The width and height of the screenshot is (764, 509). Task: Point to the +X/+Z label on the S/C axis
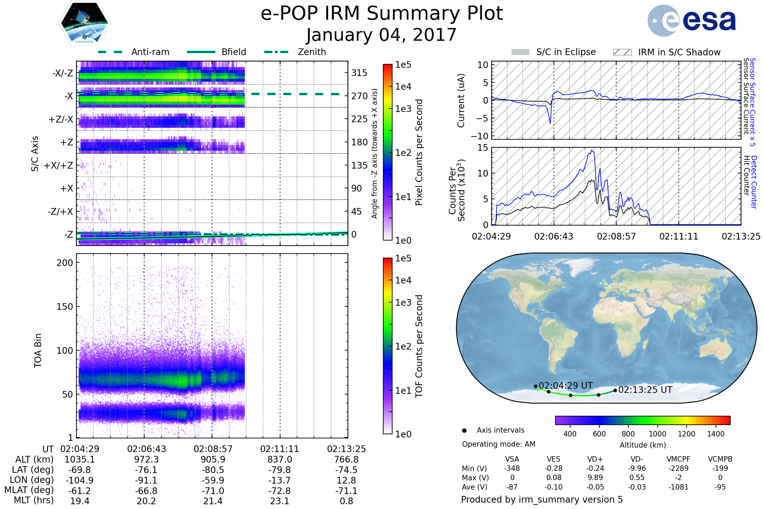(59, 165)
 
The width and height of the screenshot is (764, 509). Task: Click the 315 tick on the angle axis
(359, 73)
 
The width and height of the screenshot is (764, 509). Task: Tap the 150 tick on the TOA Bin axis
(65, 306)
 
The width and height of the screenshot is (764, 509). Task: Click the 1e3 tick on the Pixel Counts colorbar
(403, 109)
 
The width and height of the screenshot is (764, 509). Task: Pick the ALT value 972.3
(146, 459)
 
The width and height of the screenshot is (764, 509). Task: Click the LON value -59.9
(213, 480)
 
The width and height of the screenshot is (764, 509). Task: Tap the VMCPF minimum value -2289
(678, 468)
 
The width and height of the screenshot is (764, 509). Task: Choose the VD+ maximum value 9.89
(595, 478)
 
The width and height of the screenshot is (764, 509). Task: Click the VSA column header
(512, 459)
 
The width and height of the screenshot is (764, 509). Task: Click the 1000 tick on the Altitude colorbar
(657, 434)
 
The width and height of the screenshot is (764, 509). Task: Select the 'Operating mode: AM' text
(499, 444)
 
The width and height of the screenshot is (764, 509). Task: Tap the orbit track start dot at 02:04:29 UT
(536, 386)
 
